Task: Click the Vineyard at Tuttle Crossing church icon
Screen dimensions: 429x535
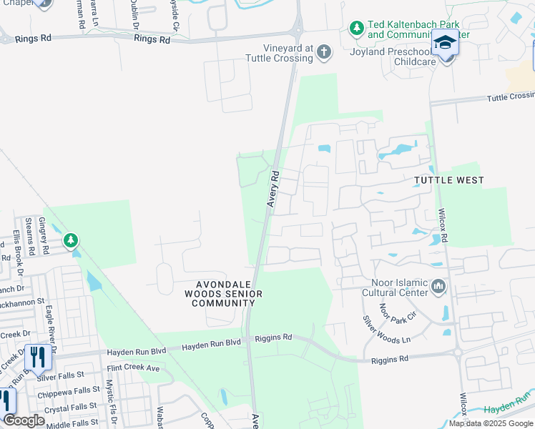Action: point(324,51)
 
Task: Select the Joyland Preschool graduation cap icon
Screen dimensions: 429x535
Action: point(446,44)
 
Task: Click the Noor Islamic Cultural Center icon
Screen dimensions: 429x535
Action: point(438,287)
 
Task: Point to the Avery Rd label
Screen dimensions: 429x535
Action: point(273,189)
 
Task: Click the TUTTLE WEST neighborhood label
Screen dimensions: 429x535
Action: point(448,181)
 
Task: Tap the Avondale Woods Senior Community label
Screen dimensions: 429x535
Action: point(223,294)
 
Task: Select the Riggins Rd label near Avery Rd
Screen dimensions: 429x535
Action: point(278,337)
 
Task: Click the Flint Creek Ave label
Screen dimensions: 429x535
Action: point(134,368)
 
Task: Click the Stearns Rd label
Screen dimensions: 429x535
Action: point(29,237)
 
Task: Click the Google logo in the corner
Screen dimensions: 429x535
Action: point(23,420)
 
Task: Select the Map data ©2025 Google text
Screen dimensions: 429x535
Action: point(490,423)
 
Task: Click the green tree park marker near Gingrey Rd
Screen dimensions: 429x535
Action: point(71,240)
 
